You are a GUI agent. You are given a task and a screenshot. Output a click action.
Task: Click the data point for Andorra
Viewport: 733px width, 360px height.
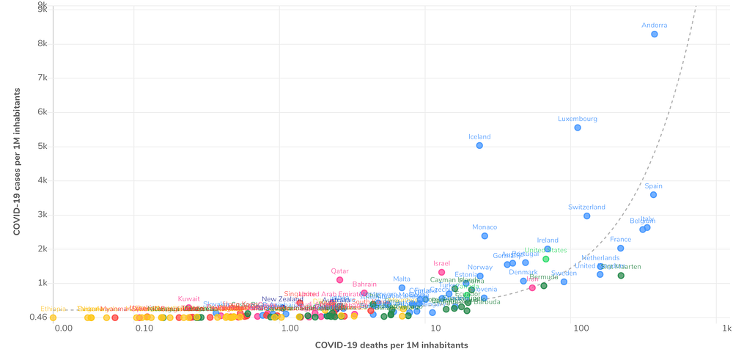(655, 34)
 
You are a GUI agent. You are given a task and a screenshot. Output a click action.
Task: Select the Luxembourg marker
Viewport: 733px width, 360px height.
(578, 128)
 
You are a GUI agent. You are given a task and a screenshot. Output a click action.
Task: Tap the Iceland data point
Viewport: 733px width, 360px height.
(479, 145)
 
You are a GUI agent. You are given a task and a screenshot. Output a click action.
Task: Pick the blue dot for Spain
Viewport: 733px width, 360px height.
(653, 194)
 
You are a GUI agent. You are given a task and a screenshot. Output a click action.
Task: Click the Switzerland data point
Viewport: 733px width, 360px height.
(587, 216)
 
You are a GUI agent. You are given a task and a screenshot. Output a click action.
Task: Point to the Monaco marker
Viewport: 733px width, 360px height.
(485, 235)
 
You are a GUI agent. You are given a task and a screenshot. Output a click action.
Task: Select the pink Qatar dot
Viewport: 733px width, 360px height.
(340, 279)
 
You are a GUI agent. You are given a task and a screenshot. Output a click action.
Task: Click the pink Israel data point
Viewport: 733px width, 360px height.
(442, 272)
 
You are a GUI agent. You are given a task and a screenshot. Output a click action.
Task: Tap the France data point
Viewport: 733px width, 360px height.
(620, 248)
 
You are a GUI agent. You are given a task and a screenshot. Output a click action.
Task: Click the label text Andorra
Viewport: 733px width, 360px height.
(655, 25)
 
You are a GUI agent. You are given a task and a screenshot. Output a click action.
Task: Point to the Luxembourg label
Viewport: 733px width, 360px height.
(578, 119)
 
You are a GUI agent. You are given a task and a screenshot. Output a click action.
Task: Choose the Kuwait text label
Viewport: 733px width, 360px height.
(189, 298)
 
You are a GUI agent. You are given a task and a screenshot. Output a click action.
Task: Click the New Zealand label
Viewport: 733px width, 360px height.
(282, 299)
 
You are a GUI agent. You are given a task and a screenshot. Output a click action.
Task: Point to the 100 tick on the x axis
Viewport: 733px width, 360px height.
(581, 328)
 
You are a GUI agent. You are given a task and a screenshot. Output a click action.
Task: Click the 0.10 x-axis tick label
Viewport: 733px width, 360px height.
(144, 328)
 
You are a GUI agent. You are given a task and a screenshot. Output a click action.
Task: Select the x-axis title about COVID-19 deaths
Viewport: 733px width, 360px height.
(391, 345)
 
